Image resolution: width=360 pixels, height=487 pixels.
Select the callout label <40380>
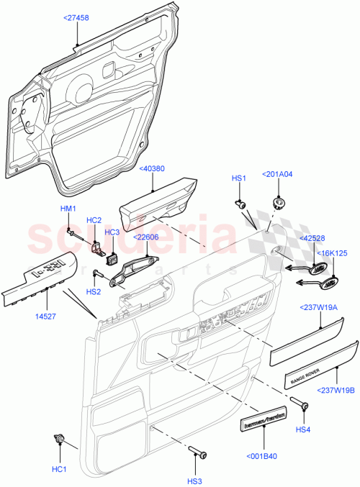coord(152,169)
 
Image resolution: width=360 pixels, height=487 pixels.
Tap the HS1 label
coord(238,178)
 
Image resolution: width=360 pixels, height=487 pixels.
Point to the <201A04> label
coord(279,173)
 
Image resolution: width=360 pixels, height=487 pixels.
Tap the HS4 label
coord(303,430)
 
